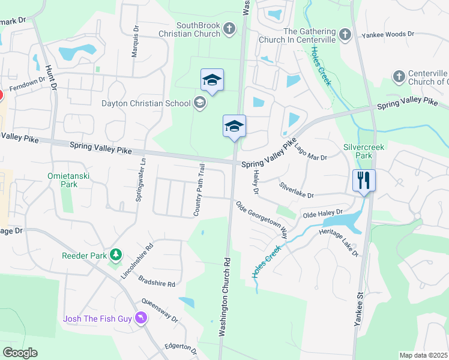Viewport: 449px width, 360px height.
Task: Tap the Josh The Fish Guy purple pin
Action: tap(141, 317)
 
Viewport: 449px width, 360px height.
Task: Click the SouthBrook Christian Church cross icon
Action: tap(229, 29)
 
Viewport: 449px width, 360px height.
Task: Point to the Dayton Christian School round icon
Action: tap(199, 103)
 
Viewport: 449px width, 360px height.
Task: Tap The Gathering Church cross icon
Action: tap(345, 35)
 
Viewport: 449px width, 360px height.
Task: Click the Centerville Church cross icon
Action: tap(399, 77)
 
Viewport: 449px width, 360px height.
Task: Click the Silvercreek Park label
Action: tap(363, 151)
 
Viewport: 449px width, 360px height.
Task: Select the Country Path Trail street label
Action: tap(199, 190)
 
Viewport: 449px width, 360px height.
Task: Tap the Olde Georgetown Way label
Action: tap(262, 220)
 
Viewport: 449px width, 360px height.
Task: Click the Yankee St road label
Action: tap(361, 309)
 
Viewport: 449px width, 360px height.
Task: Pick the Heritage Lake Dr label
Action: tap(339, 242)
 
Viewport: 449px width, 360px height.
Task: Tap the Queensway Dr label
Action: tap(160, 311)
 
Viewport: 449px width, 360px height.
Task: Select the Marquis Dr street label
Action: tap(136, 38)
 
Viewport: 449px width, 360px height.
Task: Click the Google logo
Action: tap(20, 352)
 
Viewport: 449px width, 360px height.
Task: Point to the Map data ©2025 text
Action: tap(423, 355)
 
